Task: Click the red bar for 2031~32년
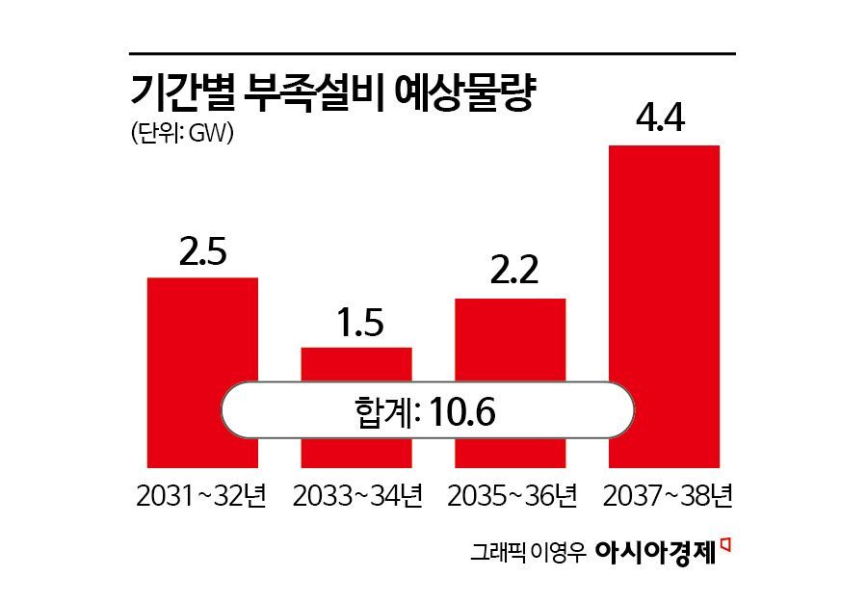tap(202, 328)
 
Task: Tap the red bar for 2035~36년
tap(510, 337)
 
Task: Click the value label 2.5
tap(202, 252)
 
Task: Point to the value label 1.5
tap(356, 322)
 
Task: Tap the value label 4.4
tap(664, 119)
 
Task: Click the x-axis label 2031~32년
tap(202, 497)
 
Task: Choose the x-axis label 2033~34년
tap(356, 497)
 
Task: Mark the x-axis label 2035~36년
tap(511, 497)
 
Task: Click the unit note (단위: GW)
tap(183, 134)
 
